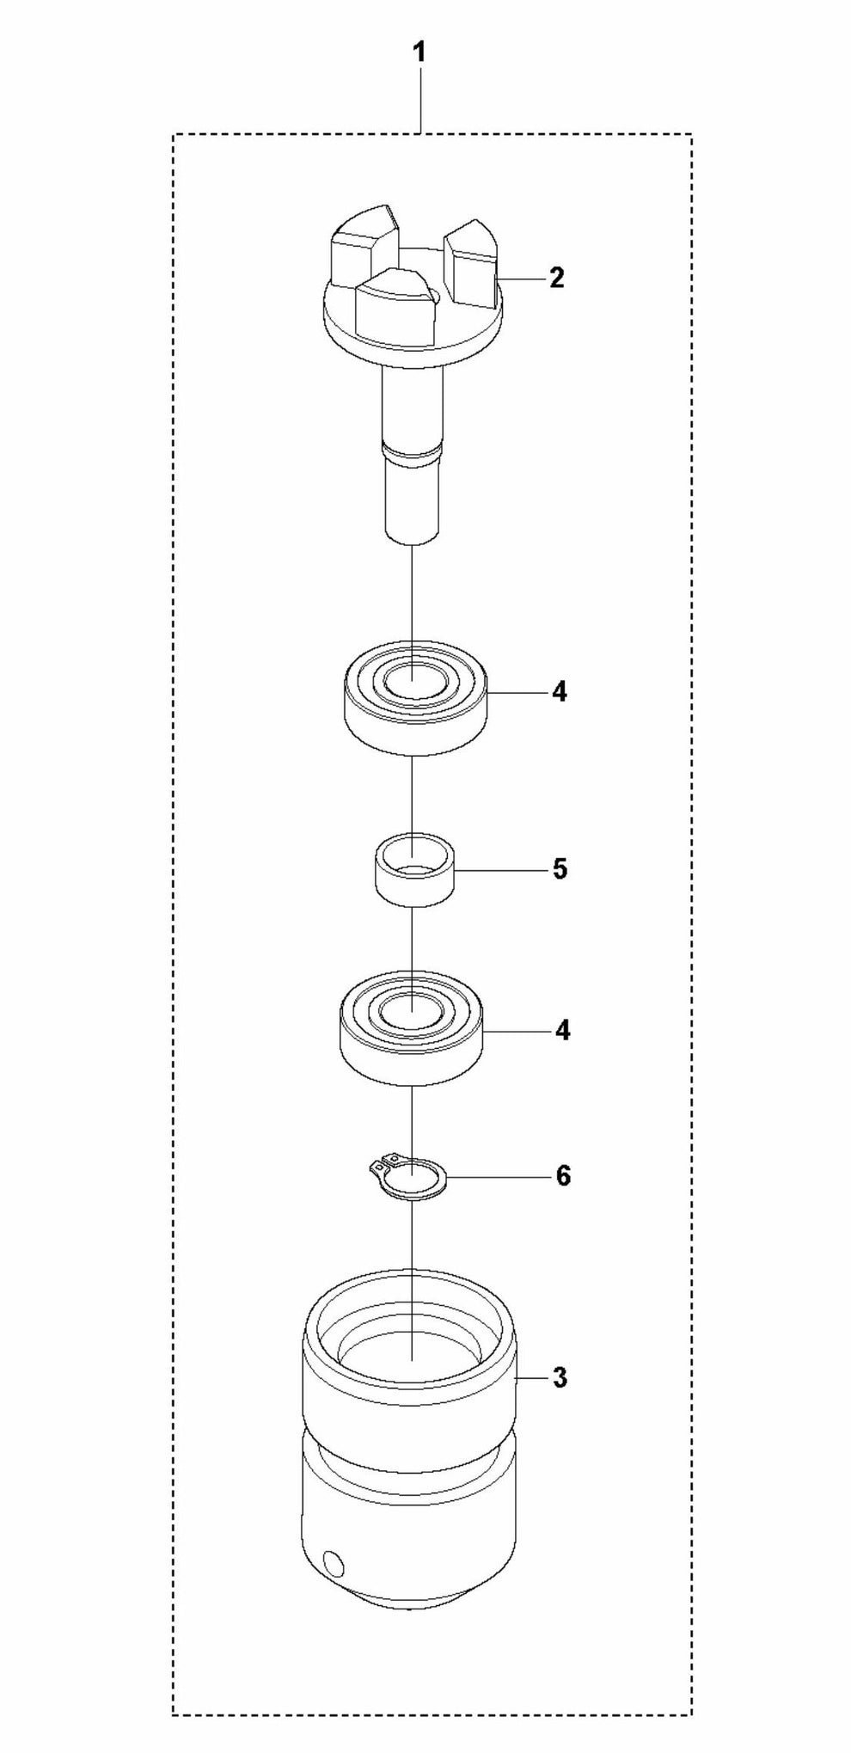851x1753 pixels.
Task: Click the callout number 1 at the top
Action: click(419, 53)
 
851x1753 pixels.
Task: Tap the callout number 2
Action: click(556, 278)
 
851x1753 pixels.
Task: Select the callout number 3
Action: click(560, 1378)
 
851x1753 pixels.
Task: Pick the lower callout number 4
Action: click(561, 1029)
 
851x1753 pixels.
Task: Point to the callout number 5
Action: click(560, 868)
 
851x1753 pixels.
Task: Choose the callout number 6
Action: click(563, 1174)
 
